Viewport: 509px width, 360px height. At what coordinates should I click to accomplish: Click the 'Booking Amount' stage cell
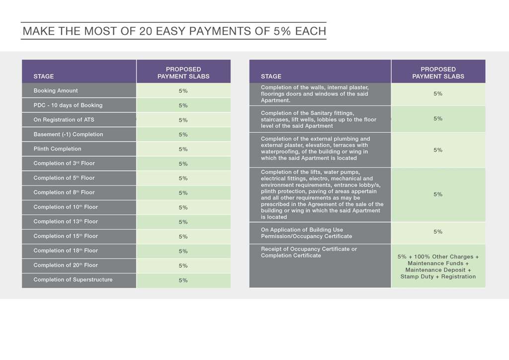tap(56, 90)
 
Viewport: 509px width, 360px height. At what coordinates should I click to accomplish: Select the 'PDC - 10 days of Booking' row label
tap(68, 105)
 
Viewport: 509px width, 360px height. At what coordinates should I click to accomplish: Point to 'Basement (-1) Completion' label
tap(68, 134)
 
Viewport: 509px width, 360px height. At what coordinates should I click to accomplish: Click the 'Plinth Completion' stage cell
tap(57, 149)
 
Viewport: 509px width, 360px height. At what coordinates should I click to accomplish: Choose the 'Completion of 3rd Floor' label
tap(64, 163)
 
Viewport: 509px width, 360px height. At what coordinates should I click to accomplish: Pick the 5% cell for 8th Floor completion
tap(183, 193)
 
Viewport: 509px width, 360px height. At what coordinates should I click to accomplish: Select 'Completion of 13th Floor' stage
tap(66, 221)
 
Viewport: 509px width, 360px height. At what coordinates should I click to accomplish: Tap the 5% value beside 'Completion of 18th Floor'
tap(183, 251)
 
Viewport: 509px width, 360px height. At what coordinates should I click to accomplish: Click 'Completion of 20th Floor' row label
tap(66, 265)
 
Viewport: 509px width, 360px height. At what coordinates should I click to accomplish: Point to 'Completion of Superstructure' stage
tap(73, 279)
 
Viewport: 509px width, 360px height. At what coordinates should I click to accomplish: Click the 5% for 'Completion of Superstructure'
tap(183, 280)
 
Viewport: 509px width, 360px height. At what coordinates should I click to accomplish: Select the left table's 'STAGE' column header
tap(44, 77)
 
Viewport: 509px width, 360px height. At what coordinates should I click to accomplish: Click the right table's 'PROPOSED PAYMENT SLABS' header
tap(438, 73)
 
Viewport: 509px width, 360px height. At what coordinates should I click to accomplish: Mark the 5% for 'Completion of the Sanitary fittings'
tap(438, 119)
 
